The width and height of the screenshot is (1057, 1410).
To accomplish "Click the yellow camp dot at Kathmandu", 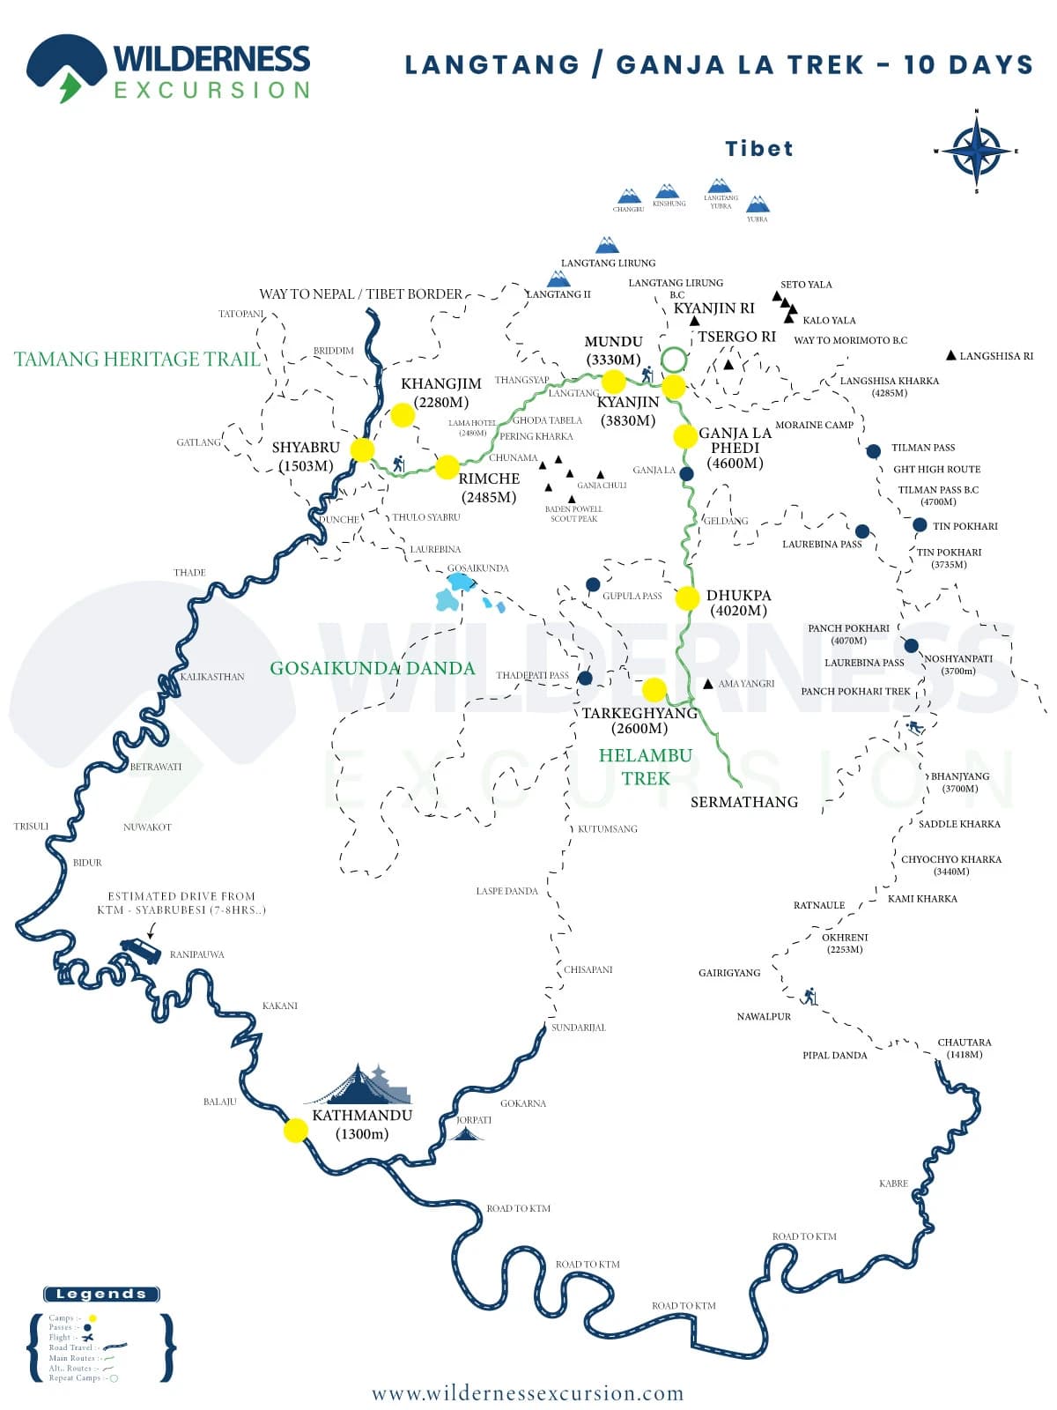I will tap(296, 1131).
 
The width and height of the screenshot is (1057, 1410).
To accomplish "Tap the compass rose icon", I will tap(976, 152).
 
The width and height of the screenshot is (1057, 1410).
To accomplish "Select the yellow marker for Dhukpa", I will tap(687, 598).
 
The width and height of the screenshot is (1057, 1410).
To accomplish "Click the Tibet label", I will tap(758, 149).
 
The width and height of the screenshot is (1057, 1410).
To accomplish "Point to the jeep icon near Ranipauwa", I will tap(141, 950).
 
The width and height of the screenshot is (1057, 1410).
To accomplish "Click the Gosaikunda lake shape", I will tap(459, 583).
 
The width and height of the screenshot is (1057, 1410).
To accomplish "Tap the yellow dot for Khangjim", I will tap(403, 415).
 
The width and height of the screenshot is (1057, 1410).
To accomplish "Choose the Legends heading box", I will tap(101, 1295).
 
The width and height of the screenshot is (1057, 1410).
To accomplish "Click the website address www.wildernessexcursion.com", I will tap(528, 1393).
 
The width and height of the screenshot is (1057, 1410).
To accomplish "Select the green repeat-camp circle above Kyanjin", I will tap(674, 359).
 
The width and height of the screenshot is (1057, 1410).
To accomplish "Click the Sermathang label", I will tap(743, 802).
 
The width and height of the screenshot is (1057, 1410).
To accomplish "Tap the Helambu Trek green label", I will tap(646, 767).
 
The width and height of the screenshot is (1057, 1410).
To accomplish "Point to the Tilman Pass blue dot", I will tap(873, 451).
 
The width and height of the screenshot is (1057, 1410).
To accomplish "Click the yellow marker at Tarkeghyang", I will tap(654, 689).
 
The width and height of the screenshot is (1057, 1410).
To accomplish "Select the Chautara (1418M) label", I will tap(965, 1048).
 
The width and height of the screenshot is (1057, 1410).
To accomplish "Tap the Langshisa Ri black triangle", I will tap(950, 355).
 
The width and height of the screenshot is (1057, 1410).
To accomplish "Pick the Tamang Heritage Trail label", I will tap(137, 359).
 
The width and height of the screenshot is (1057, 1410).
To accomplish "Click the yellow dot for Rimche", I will tap(447, 466).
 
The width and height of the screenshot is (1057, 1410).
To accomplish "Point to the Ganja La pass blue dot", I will tap(687, 474).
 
